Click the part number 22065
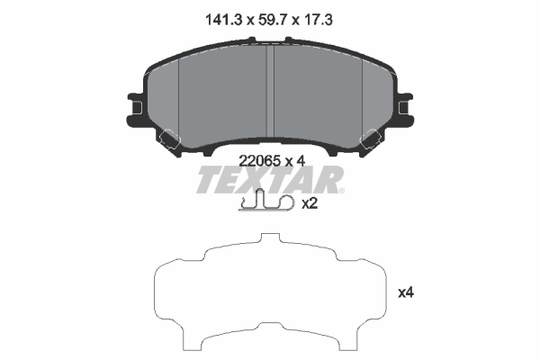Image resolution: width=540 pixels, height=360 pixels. [257, 161]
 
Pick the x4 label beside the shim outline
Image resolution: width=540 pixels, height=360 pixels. [406, 292]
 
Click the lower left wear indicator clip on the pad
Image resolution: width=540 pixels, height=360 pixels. [169, 139]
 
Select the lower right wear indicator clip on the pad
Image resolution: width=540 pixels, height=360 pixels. [371, 139]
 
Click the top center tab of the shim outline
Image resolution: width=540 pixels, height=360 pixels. [270, 239]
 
